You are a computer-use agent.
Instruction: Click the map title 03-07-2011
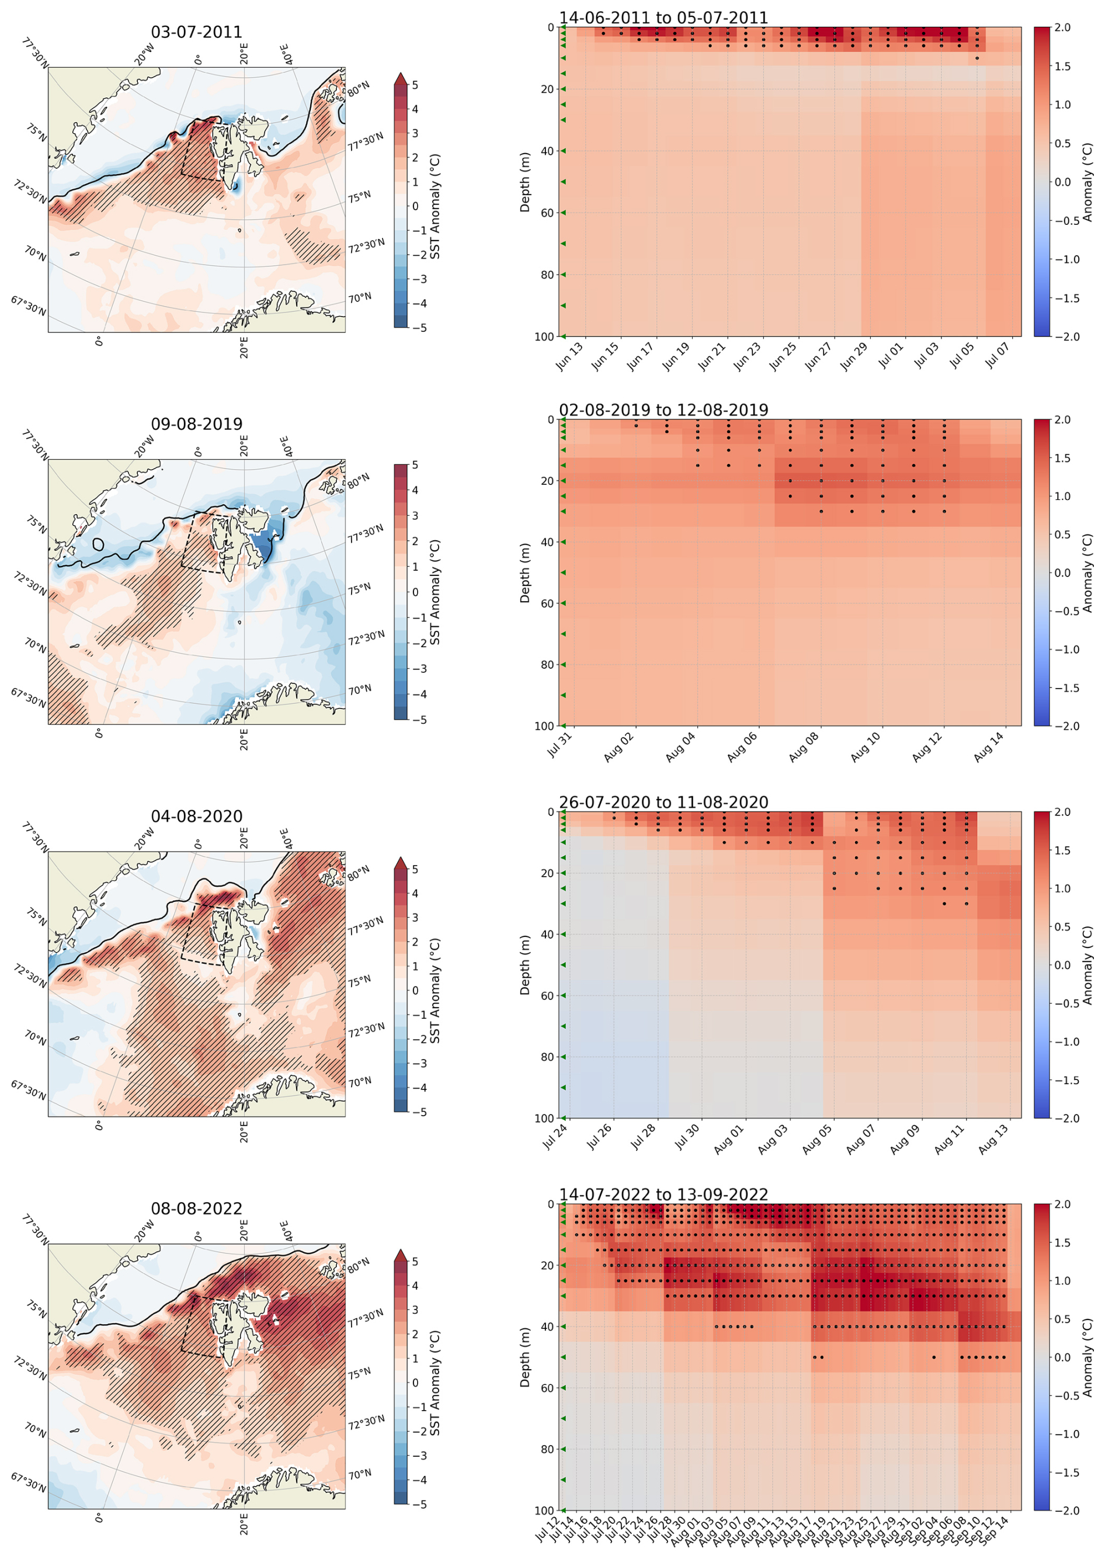(196, 32)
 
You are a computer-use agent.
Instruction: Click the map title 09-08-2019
(196, 424)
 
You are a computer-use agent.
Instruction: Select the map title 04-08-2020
(196, 816)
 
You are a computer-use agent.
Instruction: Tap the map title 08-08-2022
(196, 1208)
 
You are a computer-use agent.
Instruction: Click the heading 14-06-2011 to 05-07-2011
(663, 18)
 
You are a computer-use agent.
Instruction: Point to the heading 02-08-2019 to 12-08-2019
(663, 409)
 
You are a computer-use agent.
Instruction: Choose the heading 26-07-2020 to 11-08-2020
(663, 803)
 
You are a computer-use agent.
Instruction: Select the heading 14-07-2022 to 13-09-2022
(663, 1195)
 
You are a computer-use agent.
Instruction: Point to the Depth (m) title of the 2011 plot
(524, 182)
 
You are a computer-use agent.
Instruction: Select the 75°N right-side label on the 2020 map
(359, 981)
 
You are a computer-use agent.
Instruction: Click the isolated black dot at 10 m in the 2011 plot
(977, 58)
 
